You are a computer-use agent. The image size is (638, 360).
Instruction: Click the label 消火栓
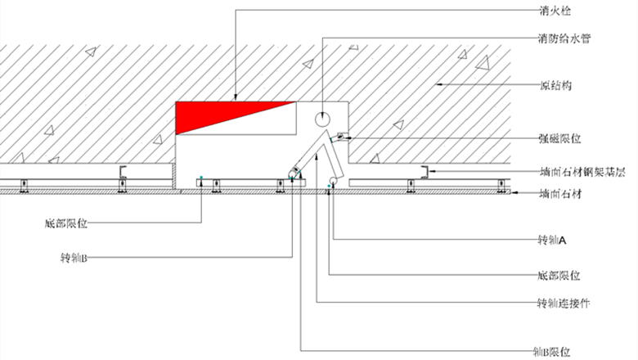coord(555,11)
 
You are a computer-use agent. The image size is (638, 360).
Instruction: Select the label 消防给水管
coord(564,38)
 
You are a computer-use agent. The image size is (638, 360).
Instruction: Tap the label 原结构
coord(555,85)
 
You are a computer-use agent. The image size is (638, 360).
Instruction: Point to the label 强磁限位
coord(559,139)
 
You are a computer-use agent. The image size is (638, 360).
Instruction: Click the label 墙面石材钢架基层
coord(582,172)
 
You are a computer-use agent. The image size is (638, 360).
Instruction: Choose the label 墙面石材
coord(560,194)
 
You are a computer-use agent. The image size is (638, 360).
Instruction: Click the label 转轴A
coord(552,240)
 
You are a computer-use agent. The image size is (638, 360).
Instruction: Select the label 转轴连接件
coord(564,303)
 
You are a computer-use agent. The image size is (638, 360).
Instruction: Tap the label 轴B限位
coord(551,351)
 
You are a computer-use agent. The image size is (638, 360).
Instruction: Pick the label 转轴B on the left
coord(74,258)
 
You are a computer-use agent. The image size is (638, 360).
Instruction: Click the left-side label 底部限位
coord(66,223)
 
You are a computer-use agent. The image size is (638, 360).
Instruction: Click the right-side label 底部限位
coord(559,276)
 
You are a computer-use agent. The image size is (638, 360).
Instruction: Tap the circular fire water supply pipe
coord(322,119)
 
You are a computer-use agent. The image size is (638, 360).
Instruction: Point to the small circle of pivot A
coord(333,180)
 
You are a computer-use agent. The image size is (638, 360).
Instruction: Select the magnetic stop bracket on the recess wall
coord(341,137)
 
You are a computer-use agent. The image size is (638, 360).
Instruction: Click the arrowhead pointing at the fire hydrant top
coord(236,97)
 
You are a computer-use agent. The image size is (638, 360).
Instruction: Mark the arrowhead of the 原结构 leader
coord(438,84)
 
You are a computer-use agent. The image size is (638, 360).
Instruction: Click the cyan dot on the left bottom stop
coord(201,178)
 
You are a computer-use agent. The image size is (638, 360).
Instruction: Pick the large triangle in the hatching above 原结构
coord(483,63)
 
